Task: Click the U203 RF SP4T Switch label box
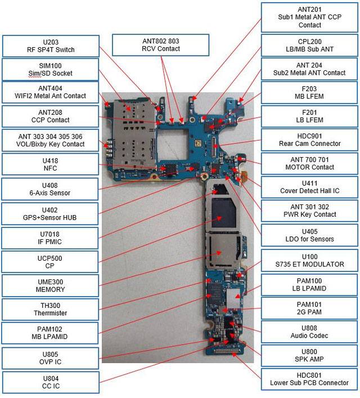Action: pyautogui.click(x=51, y=46)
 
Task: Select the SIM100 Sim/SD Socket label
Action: pyautogui.click(x=51, y=69)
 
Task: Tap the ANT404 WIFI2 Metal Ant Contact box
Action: pyautogui.click(x=51, y=92)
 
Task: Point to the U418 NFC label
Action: pyautogui.click(x=51, y=164)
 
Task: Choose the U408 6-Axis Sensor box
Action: pyautogui.click(x=51, y=189)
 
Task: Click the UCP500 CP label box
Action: pyautogui.click(x=51, y=262)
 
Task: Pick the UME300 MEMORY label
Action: pyautogui.click(x=51, y=285)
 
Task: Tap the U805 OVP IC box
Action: pyautogui.click(x=51, y=357)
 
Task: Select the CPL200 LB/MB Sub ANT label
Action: pyautogui.click(x=310, y=46)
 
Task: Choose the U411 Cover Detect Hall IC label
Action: pyautogui.click(x=310, y=187)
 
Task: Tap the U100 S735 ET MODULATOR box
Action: pyautogui.click(x=310, y=261)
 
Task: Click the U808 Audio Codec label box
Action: pyautogui.click(x=310, y=332)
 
